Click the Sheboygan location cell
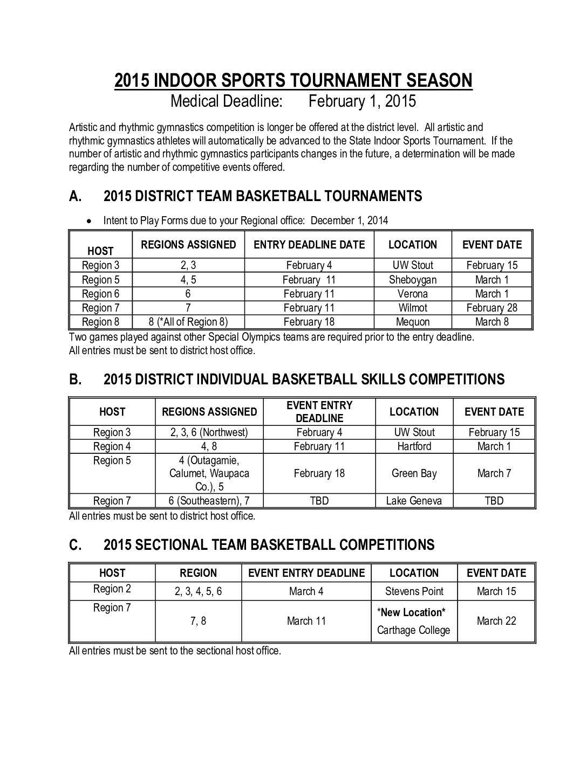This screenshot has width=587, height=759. click(413, 280)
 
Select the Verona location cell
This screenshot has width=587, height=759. click(413, 294)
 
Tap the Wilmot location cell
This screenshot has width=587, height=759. click(413, 308)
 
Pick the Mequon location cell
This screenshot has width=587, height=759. click(413, 322)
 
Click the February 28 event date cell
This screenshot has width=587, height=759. click(492, 308)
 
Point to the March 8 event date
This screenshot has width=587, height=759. click(492, 322)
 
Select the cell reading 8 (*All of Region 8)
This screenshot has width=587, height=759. click(188, 322)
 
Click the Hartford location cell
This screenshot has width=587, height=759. click(414, 446)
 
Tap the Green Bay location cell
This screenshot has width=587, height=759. click(414, 473)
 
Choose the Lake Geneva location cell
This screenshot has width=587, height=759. click(414, 501)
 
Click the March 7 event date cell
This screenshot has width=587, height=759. click(494, 473)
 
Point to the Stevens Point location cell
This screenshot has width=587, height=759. click(414, 591)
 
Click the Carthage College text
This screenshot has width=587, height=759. click(414, 630)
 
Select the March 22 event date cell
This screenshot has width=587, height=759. click(496, 621)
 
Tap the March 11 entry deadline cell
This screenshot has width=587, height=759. click(306, 621)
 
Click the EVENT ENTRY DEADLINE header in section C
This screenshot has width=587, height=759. click(306, 573)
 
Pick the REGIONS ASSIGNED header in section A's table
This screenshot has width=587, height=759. click(188, 245)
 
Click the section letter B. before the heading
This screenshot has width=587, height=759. click(76, 379)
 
